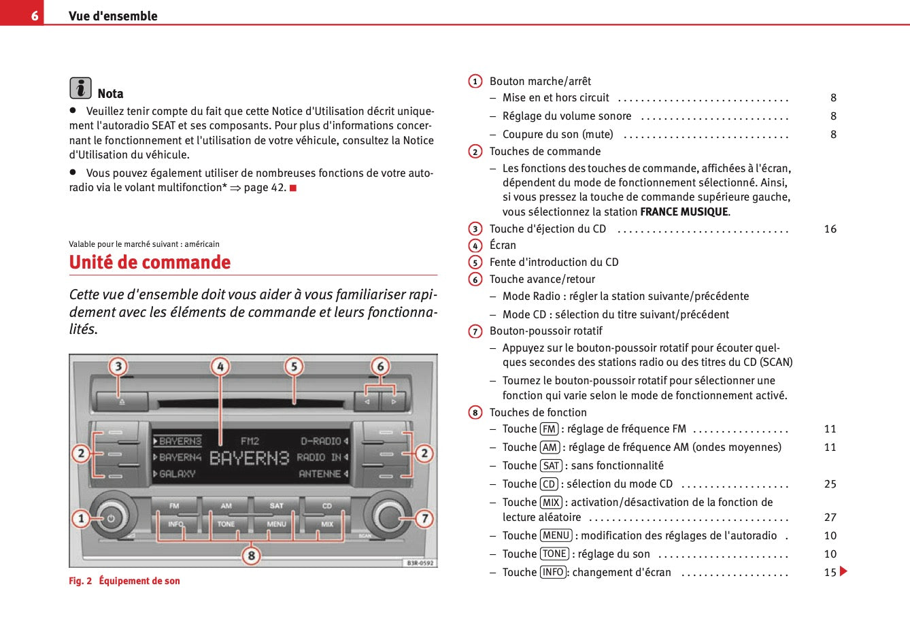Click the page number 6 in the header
click(x=34, y=15)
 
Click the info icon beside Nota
click(x=80, y=88)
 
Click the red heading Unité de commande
click(x=150, y=263)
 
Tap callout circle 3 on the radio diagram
click(x=118, y=367)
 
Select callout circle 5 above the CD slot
click(x=294, y=367)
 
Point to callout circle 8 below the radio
click(x=251, y=556)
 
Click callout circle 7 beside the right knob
click(x=424, y=519)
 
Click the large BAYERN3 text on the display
click(x=249, y=458)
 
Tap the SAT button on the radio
click(x=276, y=506)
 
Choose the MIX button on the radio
click(x=327, y=524)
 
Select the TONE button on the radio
click(x=226, y=524)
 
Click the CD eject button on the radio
click(x=122, y=401)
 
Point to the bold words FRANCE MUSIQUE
click(x=684, y=212)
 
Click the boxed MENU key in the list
click(x=556, y=536)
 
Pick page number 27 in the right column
click(x=830, y=518)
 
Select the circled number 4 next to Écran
click(x=475, y=246)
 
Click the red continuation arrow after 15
click(x=844, y=571)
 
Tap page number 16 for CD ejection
click(x=830, y=229)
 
